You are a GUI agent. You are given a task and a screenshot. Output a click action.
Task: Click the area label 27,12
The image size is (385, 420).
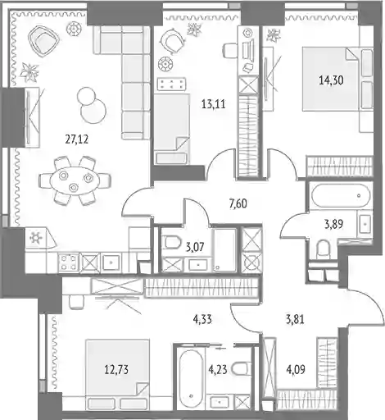click(77, 139)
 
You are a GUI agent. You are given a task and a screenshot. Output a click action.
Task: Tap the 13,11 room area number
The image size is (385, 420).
click(214, 104)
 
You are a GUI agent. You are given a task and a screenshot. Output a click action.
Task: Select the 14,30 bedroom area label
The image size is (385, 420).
click(331, 80)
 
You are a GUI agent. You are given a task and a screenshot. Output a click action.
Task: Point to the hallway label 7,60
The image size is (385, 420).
click(238, 203)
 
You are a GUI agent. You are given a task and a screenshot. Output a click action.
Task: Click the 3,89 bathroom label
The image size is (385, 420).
click(333, 224)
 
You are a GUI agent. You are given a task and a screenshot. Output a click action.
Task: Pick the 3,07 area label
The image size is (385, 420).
click(195, 247)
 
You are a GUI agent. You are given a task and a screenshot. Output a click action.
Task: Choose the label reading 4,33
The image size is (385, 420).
click(202, 319)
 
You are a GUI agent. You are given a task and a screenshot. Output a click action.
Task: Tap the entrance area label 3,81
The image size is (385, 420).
click(295, 319)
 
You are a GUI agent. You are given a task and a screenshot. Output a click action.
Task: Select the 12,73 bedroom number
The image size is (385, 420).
click(116, 370)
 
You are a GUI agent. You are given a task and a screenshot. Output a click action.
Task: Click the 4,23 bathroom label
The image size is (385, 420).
click(218, 370)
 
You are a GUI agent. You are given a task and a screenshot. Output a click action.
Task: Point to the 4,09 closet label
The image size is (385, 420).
click(296, 370)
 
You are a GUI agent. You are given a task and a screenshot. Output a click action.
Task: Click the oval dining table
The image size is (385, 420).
click(75, 180)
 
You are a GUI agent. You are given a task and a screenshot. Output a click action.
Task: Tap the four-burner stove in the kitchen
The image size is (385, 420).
click(68, 262)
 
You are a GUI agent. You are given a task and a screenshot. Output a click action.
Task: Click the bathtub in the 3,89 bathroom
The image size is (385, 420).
click(341, 196)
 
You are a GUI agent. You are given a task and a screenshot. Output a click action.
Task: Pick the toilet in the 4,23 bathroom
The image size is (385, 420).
click(241, 368)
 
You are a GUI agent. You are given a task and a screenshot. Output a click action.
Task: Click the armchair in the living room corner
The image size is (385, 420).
click(43, 41)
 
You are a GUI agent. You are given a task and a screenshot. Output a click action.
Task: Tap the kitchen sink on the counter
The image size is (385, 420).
click(111, 262)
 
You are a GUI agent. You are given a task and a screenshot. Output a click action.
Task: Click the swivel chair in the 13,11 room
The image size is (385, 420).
click(172, 42)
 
